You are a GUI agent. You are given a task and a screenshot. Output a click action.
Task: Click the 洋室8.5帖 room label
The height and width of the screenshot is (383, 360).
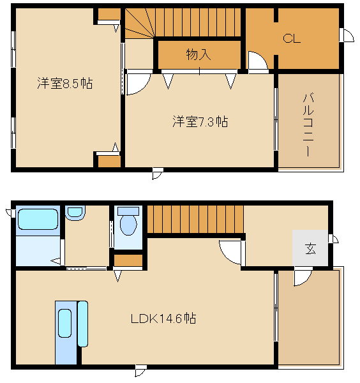pos(65,83)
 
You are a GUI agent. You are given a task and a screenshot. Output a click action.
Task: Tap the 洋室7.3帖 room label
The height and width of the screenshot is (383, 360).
pos(200,121)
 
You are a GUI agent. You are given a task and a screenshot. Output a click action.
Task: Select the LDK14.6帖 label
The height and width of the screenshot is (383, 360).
pos(163,319)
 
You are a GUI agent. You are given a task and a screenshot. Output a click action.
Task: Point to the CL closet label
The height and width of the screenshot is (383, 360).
pos(292,38)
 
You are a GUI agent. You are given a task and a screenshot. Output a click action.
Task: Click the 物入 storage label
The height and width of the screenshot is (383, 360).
pos(199,54)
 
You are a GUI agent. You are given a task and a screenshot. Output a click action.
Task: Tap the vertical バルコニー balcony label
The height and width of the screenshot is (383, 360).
pos(308,124)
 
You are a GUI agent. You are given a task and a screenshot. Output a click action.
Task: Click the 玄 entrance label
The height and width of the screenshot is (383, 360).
pos(310,248)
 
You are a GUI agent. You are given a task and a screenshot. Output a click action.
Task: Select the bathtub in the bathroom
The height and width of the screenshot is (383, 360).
pos(38,219)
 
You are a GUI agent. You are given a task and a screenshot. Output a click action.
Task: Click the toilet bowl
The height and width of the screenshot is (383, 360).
pos(128,225)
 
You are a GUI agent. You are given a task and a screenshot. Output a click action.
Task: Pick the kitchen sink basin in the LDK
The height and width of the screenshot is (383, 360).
pos(65,324)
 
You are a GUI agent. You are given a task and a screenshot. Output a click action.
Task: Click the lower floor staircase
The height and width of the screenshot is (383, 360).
pos(195,220)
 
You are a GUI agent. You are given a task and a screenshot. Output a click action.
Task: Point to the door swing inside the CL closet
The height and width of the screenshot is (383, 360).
pos(258,61)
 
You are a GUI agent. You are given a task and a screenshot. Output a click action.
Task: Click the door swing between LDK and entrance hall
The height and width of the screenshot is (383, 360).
pos(230,253)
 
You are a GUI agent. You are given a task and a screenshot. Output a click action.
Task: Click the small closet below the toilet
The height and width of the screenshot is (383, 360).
pos(128,260)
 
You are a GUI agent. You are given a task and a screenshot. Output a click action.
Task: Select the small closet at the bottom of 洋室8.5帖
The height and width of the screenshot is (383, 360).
pos(109,161)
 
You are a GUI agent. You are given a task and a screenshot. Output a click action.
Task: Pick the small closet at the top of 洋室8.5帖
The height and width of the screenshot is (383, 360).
pos(109,14)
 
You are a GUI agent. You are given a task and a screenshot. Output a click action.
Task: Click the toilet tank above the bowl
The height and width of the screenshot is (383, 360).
pos(128,211)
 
